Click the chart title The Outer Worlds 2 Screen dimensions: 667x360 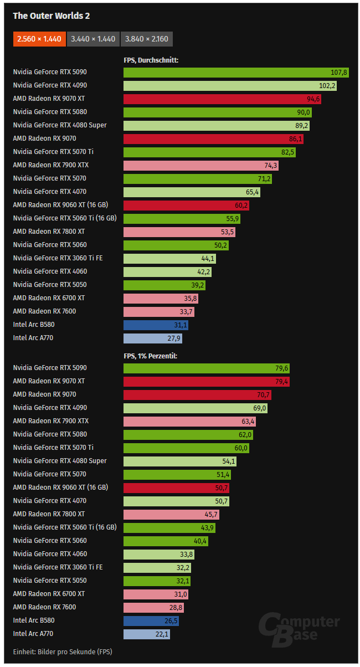click(x=51, y=16)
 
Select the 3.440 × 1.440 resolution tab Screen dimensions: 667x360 click(x=92, y=39)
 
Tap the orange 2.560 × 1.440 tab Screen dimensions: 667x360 click(x=39, y=39)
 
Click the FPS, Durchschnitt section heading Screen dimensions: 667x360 click(x=151, y=60)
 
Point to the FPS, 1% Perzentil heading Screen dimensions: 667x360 click(x=150, y=356)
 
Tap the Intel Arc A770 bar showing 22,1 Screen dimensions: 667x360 click(x=147, y=634)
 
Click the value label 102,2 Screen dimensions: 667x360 click(x=327, y=85)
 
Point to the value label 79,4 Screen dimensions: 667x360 click(x=280, y=381)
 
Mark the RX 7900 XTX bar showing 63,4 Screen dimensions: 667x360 click(x=189, y=421)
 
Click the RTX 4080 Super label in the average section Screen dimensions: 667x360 click(x=60, y=125)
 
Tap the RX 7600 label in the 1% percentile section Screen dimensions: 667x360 click(x=44, y=607)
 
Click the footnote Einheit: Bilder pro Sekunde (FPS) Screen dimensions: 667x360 click(x=62, y=651)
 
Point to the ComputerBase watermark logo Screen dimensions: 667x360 click(x=299, y=629)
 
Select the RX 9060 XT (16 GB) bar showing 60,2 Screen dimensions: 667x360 click(x=186, y=205)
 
